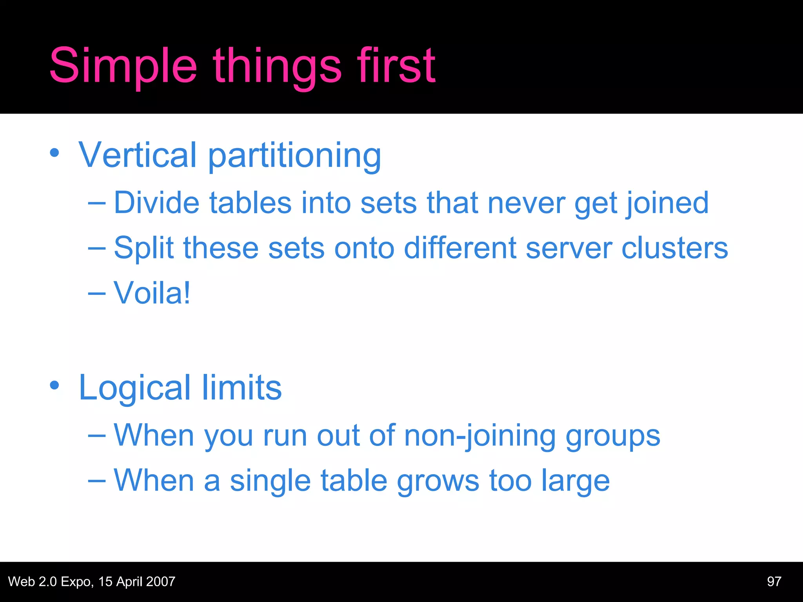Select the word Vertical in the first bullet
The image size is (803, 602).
point(137,155)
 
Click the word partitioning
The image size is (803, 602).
point(294,156)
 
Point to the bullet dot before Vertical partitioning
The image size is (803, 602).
point(55,153)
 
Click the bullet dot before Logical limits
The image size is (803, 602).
point(55,385)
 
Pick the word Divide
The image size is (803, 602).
point(156,203)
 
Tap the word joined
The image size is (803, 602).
point(667,203)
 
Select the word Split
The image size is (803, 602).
point(144,248)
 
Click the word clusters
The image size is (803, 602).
point(674,248)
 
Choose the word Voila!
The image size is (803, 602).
point(152,293)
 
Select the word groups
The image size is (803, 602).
point(613,437)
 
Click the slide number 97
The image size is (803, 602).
point(774,582)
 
